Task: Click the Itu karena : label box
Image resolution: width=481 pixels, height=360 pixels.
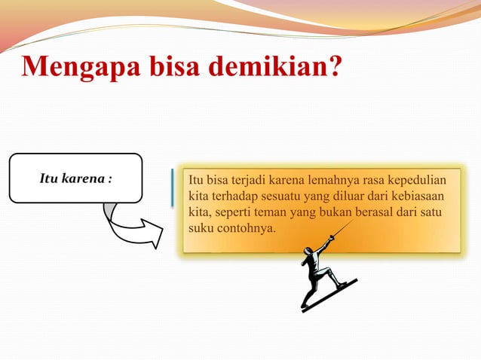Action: click(75, 178)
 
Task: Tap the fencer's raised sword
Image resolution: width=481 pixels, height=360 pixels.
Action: click(339, 230)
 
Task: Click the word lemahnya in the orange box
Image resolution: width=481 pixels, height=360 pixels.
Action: click(325, 181)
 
